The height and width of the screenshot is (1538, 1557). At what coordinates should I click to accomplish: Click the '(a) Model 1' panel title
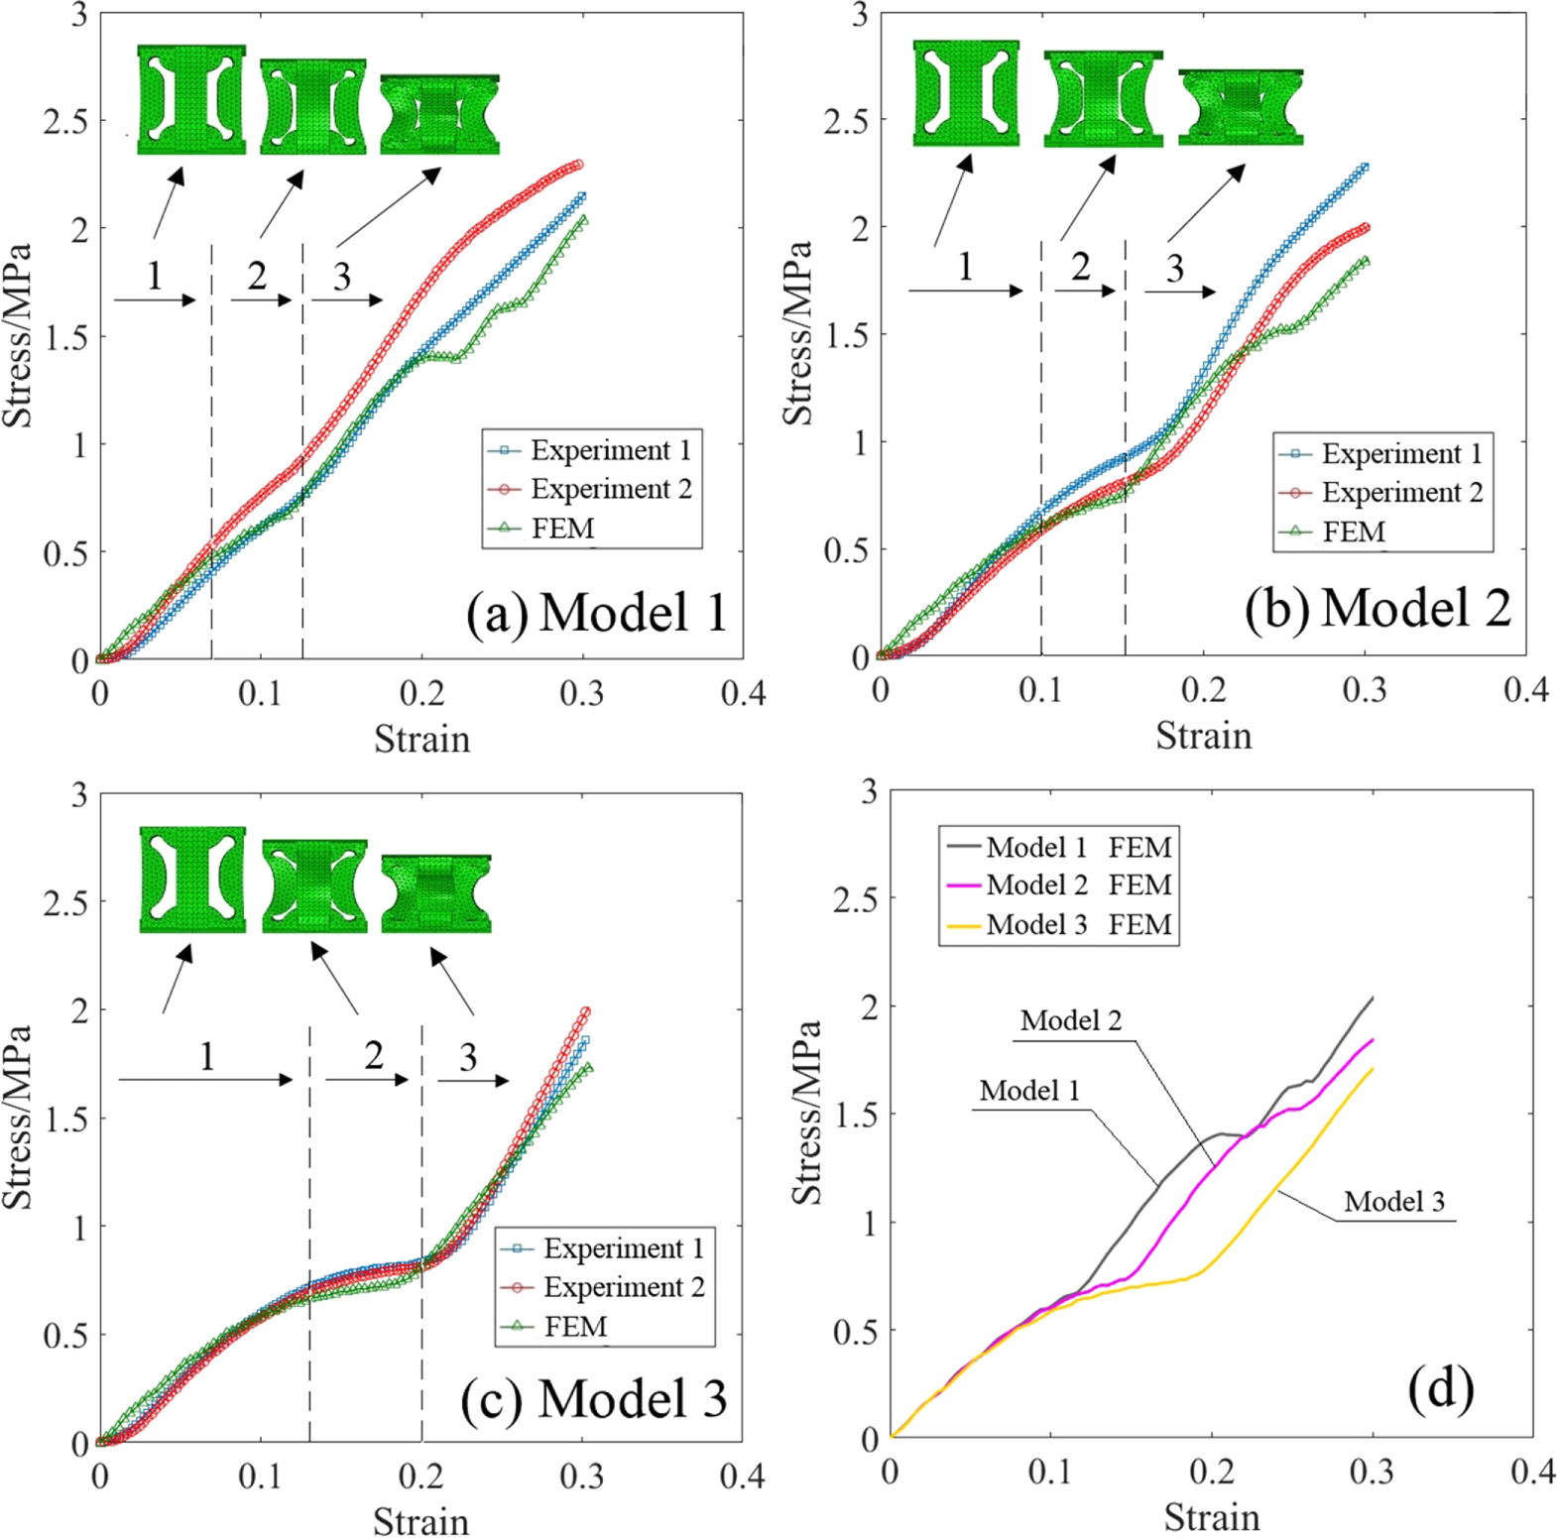coord(596,612)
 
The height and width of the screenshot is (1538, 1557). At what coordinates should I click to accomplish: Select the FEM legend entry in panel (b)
coord(1354,532)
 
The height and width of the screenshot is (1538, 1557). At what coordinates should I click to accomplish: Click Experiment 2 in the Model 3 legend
coord(623,1287)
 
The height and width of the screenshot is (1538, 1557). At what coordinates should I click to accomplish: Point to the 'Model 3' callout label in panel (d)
coord(1393,1202)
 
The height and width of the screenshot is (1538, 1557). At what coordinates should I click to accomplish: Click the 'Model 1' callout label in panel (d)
coord(1029,1091)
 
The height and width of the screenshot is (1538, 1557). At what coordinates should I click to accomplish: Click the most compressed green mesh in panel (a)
coord(439,114)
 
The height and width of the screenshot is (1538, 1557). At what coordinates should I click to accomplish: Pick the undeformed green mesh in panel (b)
coord(966,93)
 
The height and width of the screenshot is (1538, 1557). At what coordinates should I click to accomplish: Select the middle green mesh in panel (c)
coord(314,887)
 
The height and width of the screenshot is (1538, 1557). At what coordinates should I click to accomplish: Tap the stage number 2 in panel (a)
coord(257,276)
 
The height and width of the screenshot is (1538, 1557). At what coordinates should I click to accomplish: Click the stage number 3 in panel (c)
coord(468,1057)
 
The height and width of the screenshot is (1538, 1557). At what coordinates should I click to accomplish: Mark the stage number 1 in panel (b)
coord(965,266)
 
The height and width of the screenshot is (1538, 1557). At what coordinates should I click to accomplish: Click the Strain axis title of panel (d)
coord(1211,1517)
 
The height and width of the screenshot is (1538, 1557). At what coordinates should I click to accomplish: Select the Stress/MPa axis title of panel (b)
coord(798,333)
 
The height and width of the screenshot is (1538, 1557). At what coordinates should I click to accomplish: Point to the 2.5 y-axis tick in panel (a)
coord(64,121)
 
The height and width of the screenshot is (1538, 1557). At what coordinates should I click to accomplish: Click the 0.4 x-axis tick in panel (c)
coord(742,1476)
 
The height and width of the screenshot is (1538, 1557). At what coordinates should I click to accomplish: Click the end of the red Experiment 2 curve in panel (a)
coord(578,165)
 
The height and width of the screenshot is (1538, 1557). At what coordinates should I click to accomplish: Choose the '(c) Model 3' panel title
coord(593,1399)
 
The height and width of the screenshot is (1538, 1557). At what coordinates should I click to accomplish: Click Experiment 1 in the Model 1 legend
coord(610,450)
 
